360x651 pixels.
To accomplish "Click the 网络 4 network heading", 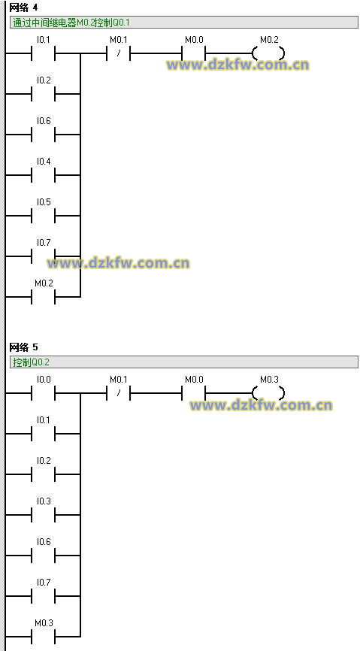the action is pyautogui.click(x=23, y=8).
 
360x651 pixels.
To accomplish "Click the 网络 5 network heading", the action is pyautogui.click(x=23, y=347).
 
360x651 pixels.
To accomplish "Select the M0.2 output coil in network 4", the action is pyautogui.click(x=268, y=53).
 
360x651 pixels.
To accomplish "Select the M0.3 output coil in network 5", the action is pyautogui.click(x=268, y=393).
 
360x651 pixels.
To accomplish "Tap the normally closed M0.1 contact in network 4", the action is pyautogui.click(x=118, y=53).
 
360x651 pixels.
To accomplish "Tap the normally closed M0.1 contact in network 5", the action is pyautogui.click(x=118, y=393).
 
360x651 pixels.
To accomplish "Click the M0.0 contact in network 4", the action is pyautogui.click(x=194, y=53).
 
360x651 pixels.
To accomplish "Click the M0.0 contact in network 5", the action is pyautogui.click(x=194, y=393).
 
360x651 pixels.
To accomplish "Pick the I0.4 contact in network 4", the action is pyautogui.click(x=43, y=175).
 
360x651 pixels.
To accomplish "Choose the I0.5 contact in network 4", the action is pyautogui.click(x=43, y=216).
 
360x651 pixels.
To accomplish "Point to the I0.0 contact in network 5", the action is pyautogui.click(x=43, y=393).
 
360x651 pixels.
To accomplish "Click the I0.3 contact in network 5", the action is pyautogui.click(x=43, y=515).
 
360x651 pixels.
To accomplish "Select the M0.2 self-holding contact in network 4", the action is pyautogui.click(x=43, y=297).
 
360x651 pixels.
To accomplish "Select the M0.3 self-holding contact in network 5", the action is pyautogui.click(x=43, y=637).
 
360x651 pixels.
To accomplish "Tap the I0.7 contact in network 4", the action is pyautogui.click(x=43, y=256).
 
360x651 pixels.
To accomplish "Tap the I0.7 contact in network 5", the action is pyautogui.click(x=43, y=596).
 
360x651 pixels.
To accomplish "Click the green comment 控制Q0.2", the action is pyautogui.click(x=31, y=362).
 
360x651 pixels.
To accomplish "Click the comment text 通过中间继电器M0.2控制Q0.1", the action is pyautogui.click(x=71, y=23).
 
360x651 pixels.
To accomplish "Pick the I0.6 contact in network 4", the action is pyautogui.click(x=43, y=135).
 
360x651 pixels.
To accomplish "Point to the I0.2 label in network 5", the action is pyautogui.click(x=44, y=460).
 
